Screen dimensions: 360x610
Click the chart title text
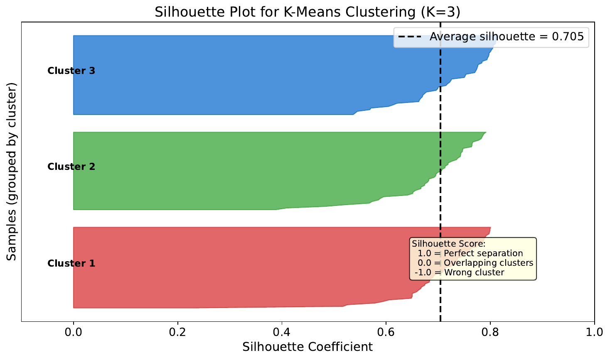tap(307, 12)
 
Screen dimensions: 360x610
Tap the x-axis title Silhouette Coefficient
tap(307, 347)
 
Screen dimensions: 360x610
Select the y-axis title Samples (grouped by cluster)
tap(12, 171)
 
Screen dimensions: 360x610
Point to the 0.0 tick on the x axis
tap(74, 332)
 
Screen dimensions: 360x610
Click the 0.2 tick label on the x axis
tap(177, 332)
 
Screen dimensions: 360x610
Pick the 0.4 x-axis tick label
tap(282, 332)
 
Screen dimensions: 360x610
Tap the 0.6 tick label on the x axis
tap(386, 332)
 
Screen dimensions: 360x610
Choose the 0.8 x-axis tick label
tap(490, 332)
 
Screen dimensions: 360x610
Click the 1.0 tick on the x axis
tap(594, 332)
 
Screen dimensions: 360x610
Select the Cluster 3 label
tap(71, 71)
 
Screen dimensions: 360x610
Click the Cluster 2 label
tap(71, 167)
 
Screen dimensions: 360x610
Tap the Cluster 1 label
tap(71, 263)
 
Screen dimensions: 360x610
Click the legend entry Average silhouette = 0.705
tap(507, 37)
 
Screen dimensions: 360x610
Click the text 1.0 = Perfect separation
tap(470, 254)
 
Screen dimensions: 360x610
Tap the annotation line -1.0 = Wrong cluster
tap(460, 273)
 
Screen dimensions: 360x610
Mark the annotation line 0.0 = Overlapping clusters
tap(475, 263)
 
